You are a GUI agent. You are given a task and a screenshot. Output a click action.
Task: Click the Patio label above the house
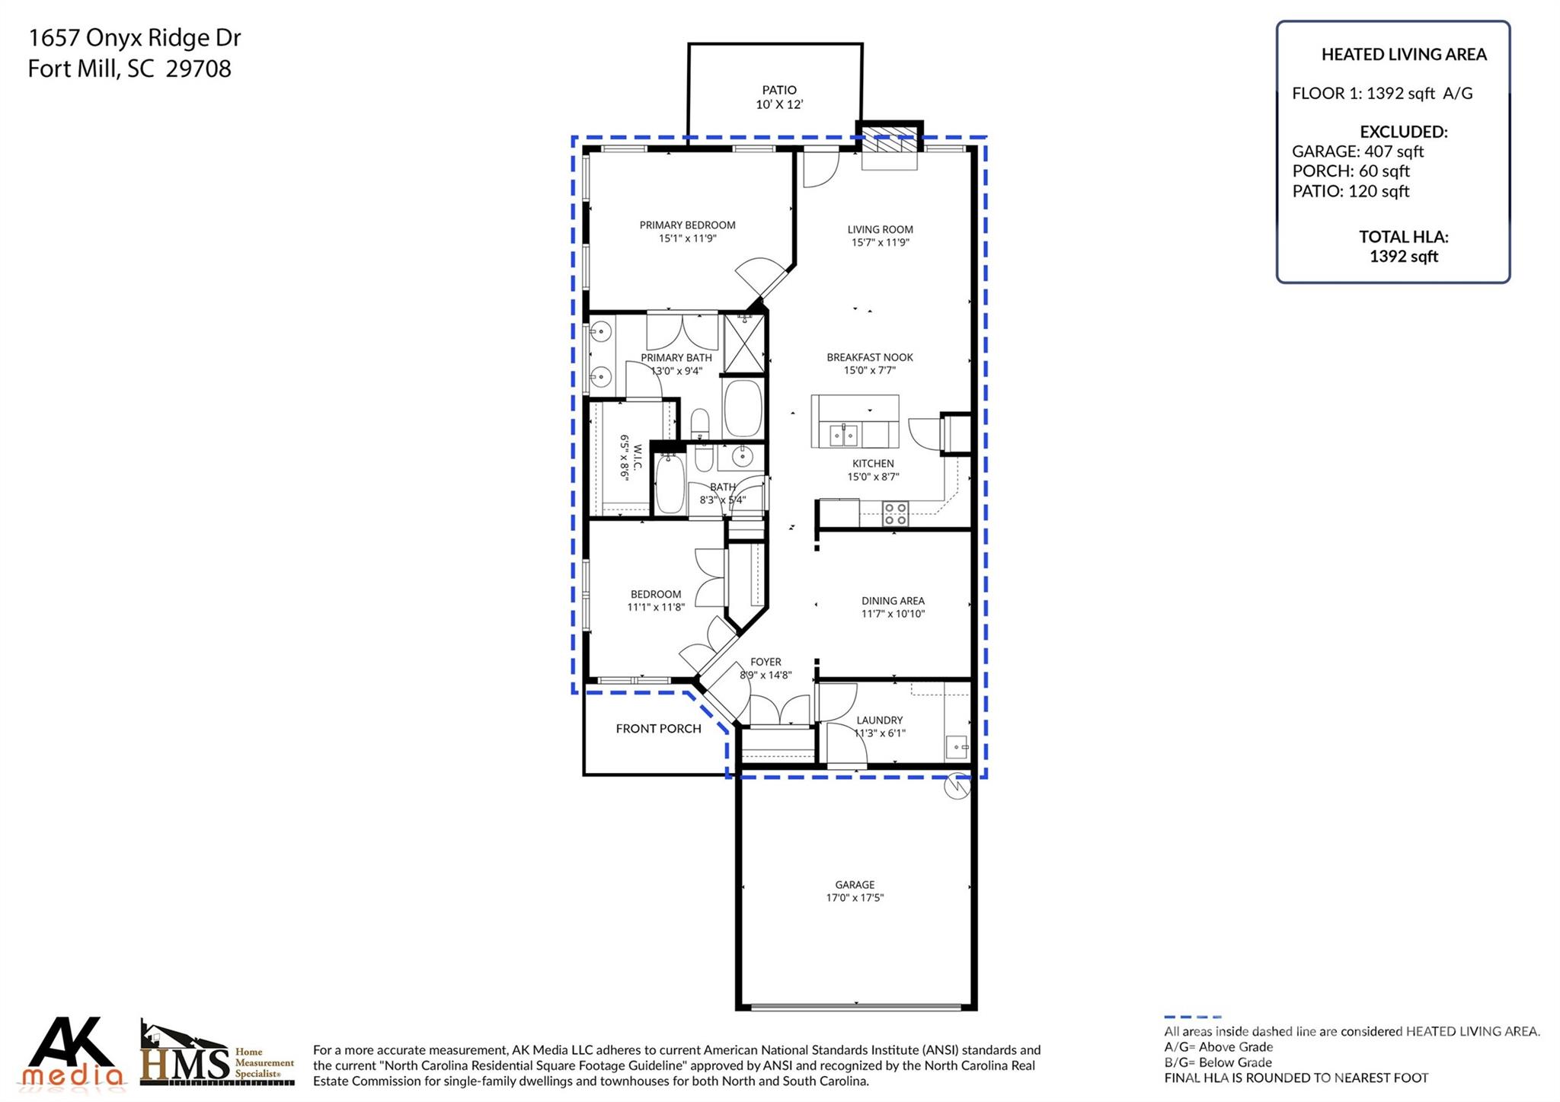pos(778,90)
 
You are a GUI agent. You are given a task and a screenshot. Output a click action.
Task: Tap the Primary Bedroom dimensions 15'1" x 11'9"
pos(687,238)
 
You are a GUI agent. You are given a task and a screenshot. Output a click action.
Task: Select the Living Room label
pos(880,229)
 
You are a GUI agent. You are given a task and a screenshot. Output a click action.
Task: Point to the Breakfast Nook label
pos(869,357)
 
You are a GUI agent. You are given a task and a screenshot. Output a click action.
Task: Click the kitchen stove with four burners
pos(895,513)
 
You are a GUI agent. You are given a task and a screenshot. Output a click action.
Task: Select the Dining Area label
pos(893,601)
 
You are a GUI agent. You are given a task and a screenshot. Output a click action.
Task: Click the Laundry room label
pos(879,720)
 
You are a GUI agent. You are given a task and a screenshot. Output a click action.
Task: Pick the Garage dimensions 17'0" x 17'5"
pos(855,898)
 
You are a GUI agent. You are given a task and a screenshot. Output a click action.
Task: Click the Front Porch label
pos(658,729)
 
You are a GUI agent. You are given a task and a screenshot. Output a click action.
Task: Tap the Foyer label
pos(766,662)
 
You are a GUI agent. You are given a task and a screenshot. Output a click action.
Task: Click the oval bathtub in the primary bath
pos(742,408)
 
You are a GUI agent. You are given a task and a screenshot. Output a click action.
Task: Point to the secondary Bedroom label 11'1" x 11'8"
pos(655,594)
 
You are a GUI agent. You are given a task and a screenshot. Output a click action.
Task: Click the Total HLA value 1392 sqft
pos(1403,257)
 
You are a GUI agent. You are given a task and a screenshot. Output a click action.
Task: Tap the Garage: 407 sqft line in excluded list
pos(1357,152)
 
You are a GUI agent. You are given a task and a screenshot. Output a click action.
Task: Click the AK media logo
pos(74,1052)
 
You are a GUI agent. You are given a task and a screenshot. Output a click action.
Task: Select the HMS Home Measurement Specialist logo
pos(216,1054)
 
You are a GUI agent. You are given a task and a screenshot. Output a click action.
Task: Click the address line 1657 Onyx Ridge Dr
pos(134,37)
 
